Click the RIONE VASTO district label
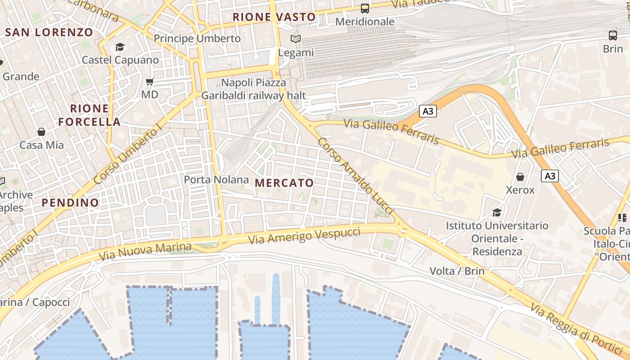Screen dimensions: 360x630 pos(274,17)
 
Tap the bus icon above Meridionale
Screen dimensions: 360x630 pos(365,8)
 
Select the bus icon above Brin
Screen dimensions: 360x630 pos(613,35)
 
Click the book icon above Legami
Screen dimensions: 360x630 pos(296,39)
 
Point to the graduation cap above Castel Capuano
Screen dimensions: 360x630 pos(120,47)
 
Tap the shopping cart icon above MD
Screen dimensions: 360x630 pos(150,81)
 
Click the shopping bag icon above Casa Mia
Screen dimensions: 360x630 pos(41,132)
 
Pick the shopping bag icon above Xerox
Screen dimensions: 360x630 pos(520,177)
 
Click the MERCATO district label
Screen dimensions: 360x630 pos(284,183)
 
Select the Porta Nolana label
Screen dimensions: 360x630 pos(216,180)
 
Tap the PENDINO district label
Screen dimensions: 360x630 pos(70,202)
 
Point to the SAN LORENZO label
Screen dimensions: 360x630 pos(49,32)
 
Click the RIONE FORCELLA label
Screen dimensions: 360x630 pos(90,115)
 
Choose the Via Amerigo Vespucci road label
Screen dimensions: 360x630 pos(304,236)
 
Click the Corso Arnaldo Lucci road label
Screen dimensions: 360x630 pos(355,176)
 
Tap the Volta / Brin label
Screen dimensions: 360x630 pos(457,271)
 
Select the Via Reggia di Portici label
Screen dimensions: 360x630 pos(576,327)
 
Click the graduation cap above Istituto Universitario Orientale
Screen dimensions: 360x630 pos(497,212)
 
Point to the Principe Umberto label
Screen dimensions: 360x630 pos(197,39)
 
